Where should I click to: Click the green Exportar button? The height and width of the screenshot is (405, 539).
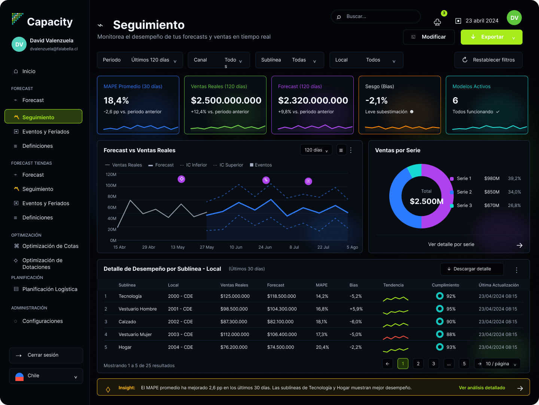point(491,37)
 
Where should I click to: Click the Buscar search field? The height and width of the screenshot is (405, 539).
point(375,16)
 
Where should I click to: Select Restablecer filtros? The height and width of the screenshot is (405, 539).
point(488,60)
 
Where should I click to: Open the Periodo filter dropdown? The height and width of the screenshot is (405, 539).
point(140,60)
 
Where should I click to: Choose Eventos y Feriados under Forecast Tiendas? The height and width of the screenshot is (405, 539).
point(46,203)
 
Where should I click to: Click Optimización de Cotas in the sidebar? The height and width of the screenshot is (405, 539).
point(50,246)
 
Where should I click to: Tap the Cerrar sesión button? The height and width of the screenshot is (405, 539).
point(46,355)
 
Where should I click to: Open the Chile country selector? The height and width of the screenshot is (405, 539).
point(46,376)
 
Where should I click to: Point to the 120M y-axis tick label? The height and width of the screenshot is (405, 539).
point(111,174)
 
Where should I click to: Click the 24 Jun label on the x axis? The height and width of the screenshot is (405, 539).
point(265,247)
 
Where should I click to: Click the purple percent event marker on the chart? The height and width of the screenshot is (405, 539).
point(266,180)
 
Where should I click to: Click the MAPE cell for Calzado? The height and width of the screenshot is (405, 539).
point(322,322)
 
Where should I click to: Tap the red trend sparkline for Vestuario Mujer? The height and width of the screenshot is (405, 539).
point(396,337)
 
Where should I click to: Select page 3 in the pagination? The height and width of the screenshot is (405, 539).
point(433,364)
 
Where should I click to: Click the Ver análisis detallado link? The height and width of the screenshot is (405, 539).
point(482,387)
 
